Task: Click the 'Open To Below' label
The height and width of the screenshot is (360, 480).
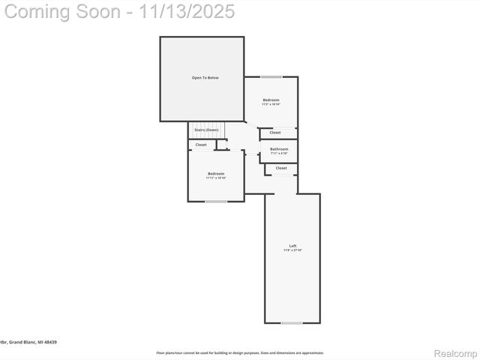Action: coord(205,78)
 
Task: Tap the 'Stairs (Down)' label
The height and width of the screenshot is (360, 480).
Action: coord(206,130)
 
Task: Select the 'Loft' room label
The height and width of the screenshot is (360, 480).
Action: coord(292,246)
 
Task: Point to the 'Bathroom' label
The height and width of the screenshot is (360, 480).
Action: coord(279,148)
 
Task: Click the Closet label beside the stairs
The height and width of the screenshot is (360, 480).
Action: coord(201,145)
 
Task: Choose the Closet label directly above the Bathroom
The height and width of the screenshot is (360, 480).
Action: coord(275,133)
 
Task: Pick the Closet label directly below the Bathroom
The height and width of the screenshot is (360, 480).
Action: coord(281,168)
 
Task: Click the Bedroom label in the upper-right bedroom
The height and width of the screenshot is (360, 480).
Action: coord(271,100)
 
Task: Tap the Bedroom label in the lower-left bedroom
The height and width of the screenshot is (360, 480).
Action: coord(216,173)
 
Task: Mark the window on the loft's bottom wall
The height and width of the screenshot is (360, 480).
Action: coord(292,323)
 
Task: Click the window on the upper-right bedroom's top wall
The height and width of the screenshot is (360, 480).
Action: coord(271,76)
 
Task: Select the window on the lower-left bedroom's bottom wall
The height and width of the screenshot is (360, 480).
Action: coord(216,201)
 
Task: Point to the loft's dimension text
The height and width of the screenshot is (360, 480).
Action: coord(292,250)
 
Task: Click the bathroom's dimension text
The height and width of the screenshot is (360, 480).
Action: coord(279,153)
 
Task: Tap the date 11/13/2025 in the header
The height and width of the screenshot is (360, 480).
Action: coord(188,11)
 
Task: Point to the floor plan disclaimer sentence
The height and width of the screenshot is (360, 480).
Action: coord(240,352)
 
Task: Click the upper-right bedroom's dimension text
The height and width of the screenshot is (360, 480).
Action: coord(271,104)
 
